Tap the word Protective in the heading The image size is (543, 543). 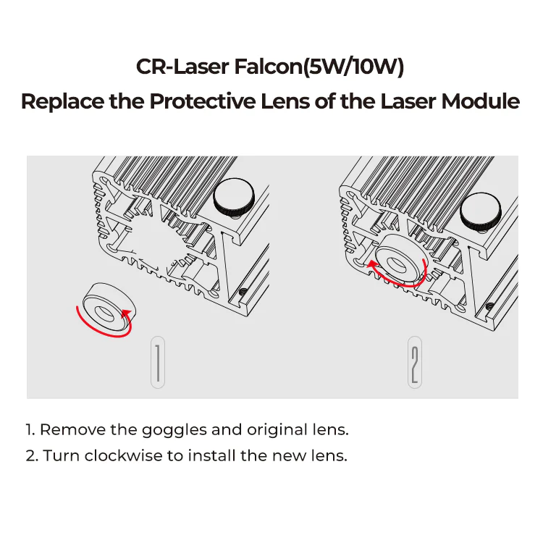point(201,101)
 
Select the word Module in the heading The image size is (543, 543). point(483,101)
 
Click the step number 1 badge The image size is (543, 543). point(158,361)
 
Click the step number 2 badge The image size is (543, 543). point(415,361)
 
